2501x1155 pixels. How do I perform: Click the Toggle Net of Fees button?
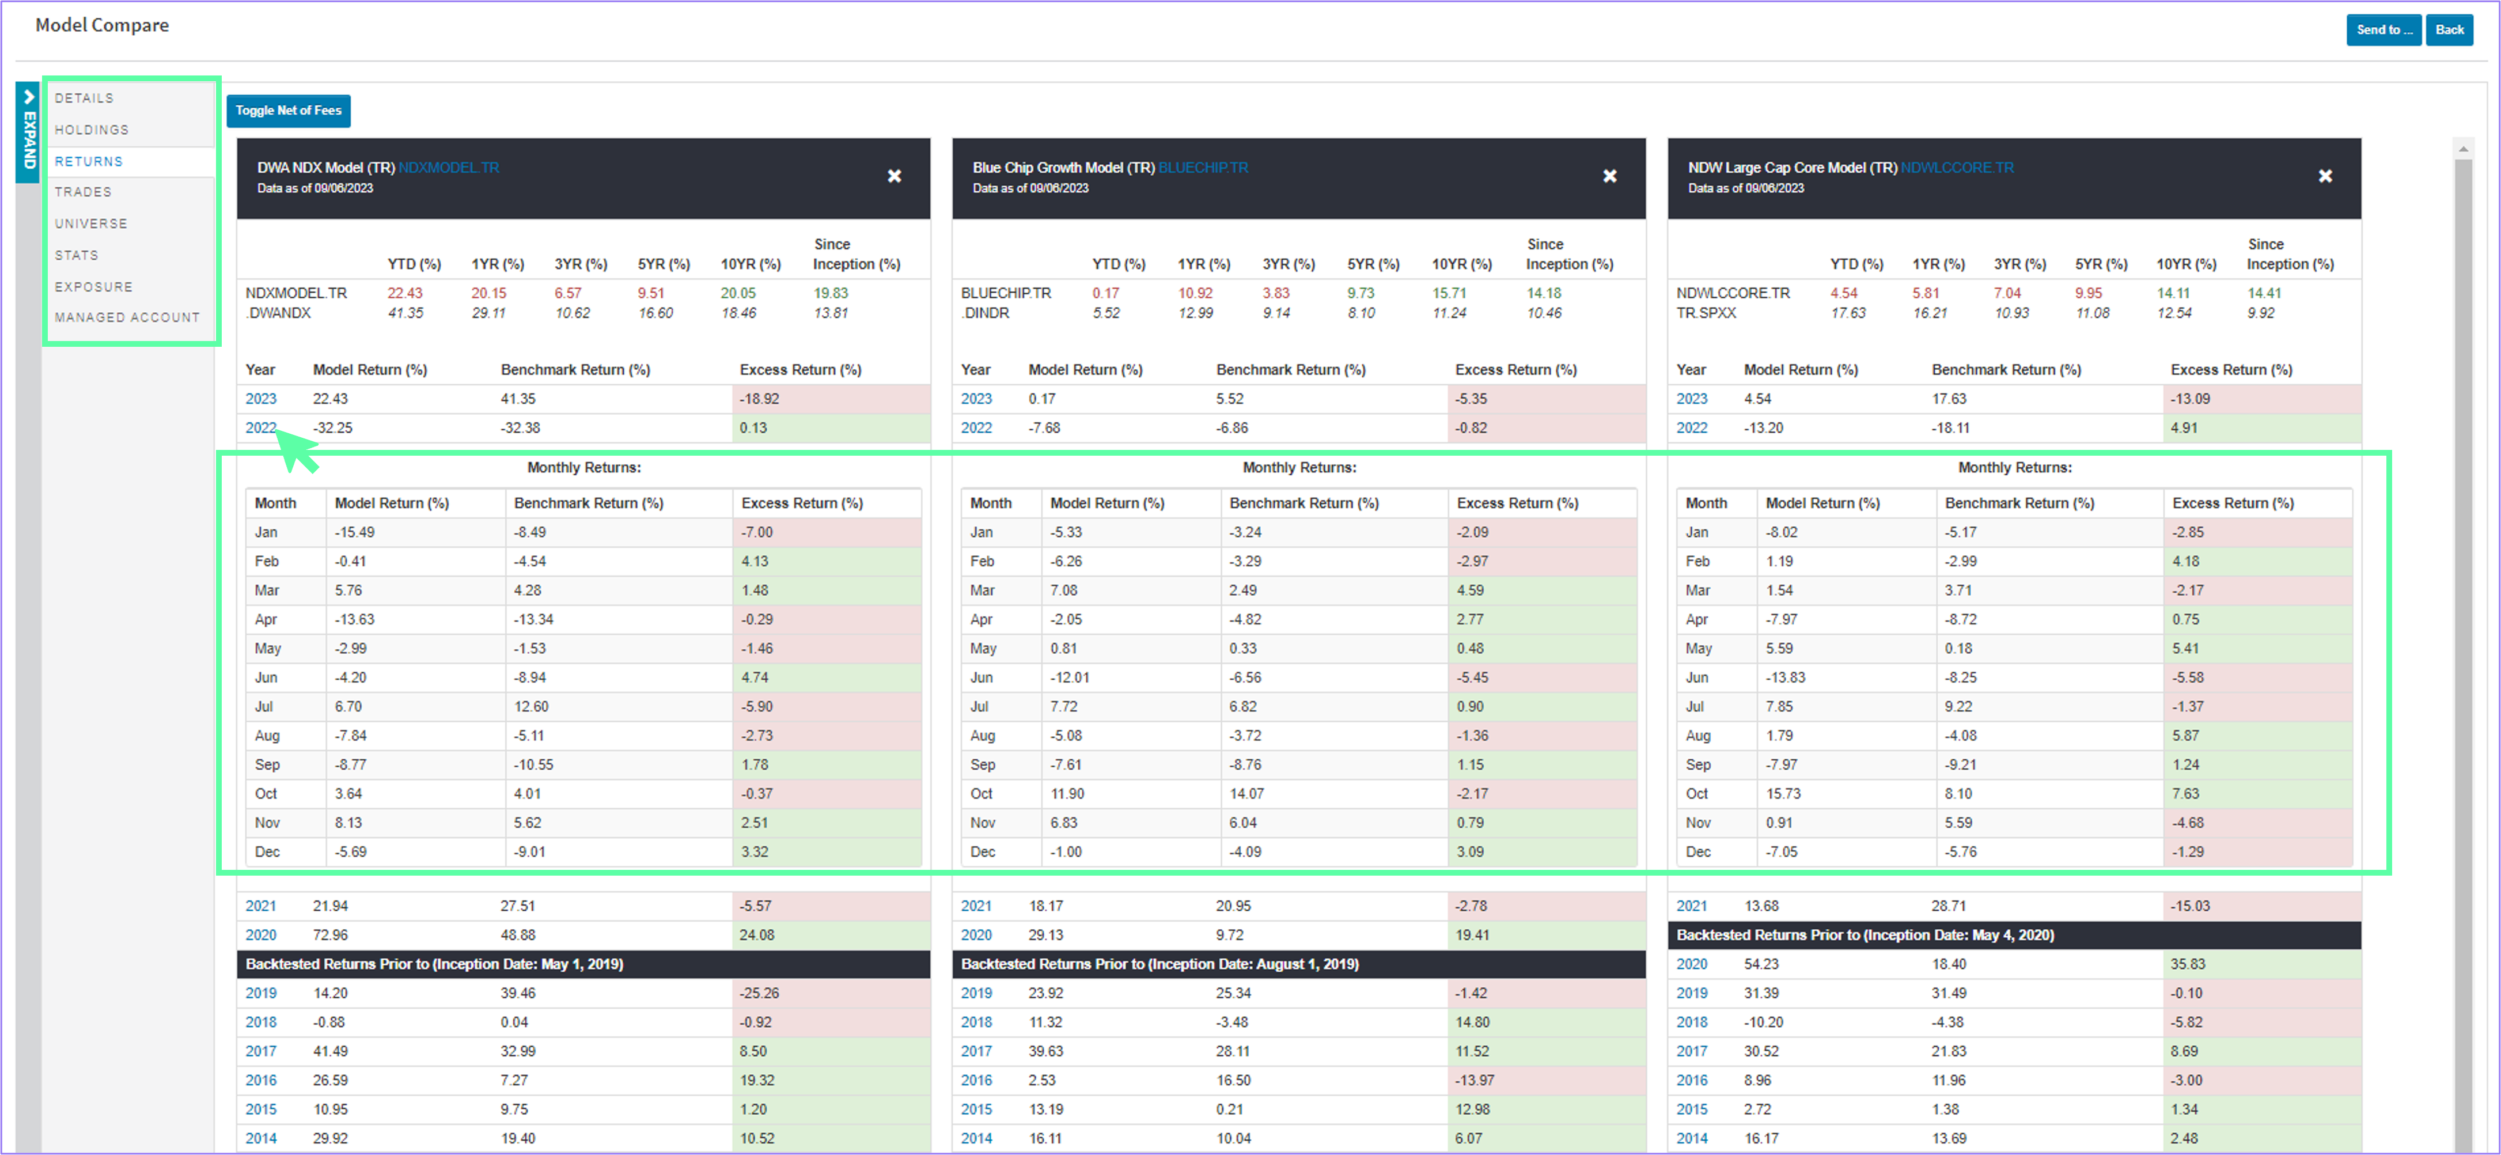[x=289, y=111]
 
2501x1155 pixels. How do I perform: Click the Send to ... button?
[x=2382, y=30]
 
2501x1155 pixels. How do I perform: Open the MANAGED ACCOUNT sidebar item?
[x=127, y=317]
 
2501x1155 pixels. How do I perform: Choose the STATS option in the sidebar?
[x=77, y=255]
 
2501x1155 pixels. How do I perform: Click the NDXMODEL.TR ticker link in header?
[x=449, y=168]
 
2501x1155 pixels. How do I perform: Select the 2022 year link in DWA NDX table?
[x=260, y=428]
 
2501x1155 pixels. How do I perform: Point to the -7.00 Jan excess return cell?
[x=757, y=532]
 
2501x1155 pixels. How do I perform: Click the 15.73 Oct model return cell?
[x=1783, y=794]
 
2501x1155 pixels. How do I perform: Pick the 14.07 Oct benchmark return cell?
[x=1246, y=794]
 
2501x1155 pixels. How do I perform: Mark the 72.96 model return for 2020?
[x=330, y=935]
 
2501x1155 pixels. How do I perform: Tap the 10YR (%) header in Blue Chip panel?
[x=1461, y=264]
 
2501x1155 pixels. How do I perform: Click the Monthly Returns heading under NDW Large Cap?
[x=2015, y=468]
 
